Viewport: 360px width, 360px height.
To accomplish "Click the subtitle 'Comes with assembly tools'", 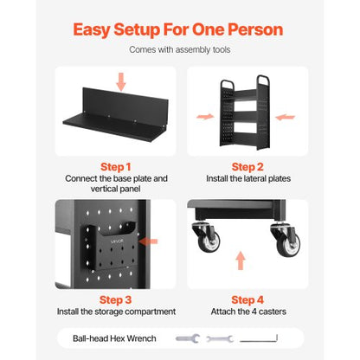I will [x=180, y=50].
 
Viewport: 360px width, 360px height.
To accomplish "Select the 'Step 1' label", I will [x=115, y=166].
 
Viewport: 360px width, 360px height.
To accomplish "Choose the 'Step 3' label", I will [x=115, y=299].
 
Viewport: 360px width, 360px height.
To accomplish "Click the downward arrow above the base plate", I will [x=120, y=81].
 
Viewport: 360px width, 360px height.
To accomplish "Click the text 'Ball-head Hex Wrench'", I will [x=110, y=339].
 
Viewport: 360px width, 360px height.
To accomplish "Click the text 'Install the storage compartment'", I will [x=115, y=312].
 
